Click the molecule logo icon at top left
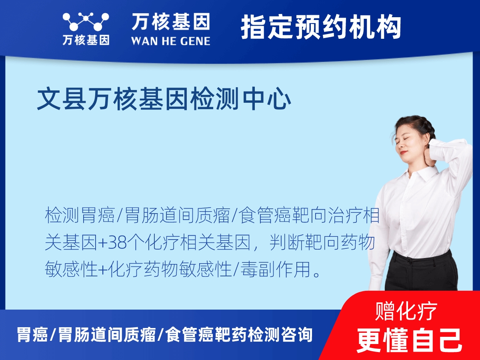pyautogui.click(x=86, y=22)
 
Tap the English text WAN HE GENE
pyautogui.click(x=171, y=41)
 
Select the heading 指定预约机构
pyautogui.click(x=321, y=27)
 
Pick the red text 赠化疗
pyautogui.click(x=406, y=311)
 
